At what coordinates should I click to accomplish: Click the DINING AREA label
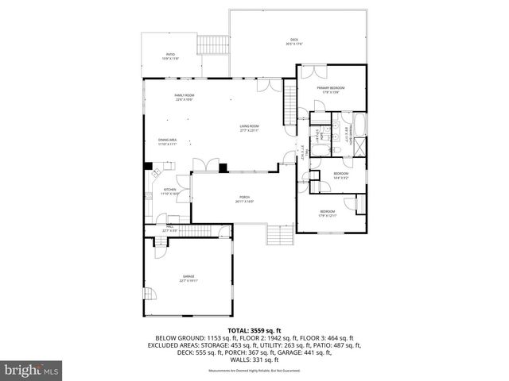[x=167, y=141]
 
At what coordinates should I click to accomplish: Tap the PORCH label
[x=244, y=199]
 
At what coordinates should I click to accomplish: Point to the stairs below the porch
[x=280, y=235]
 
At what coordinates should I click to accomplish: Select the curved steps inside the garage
[x=149, y=296]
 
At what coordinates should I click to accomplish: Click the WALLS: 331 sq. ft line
[x=254, y=359]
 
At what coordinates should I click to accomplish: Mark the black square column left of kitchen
[x=148, y=167]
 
